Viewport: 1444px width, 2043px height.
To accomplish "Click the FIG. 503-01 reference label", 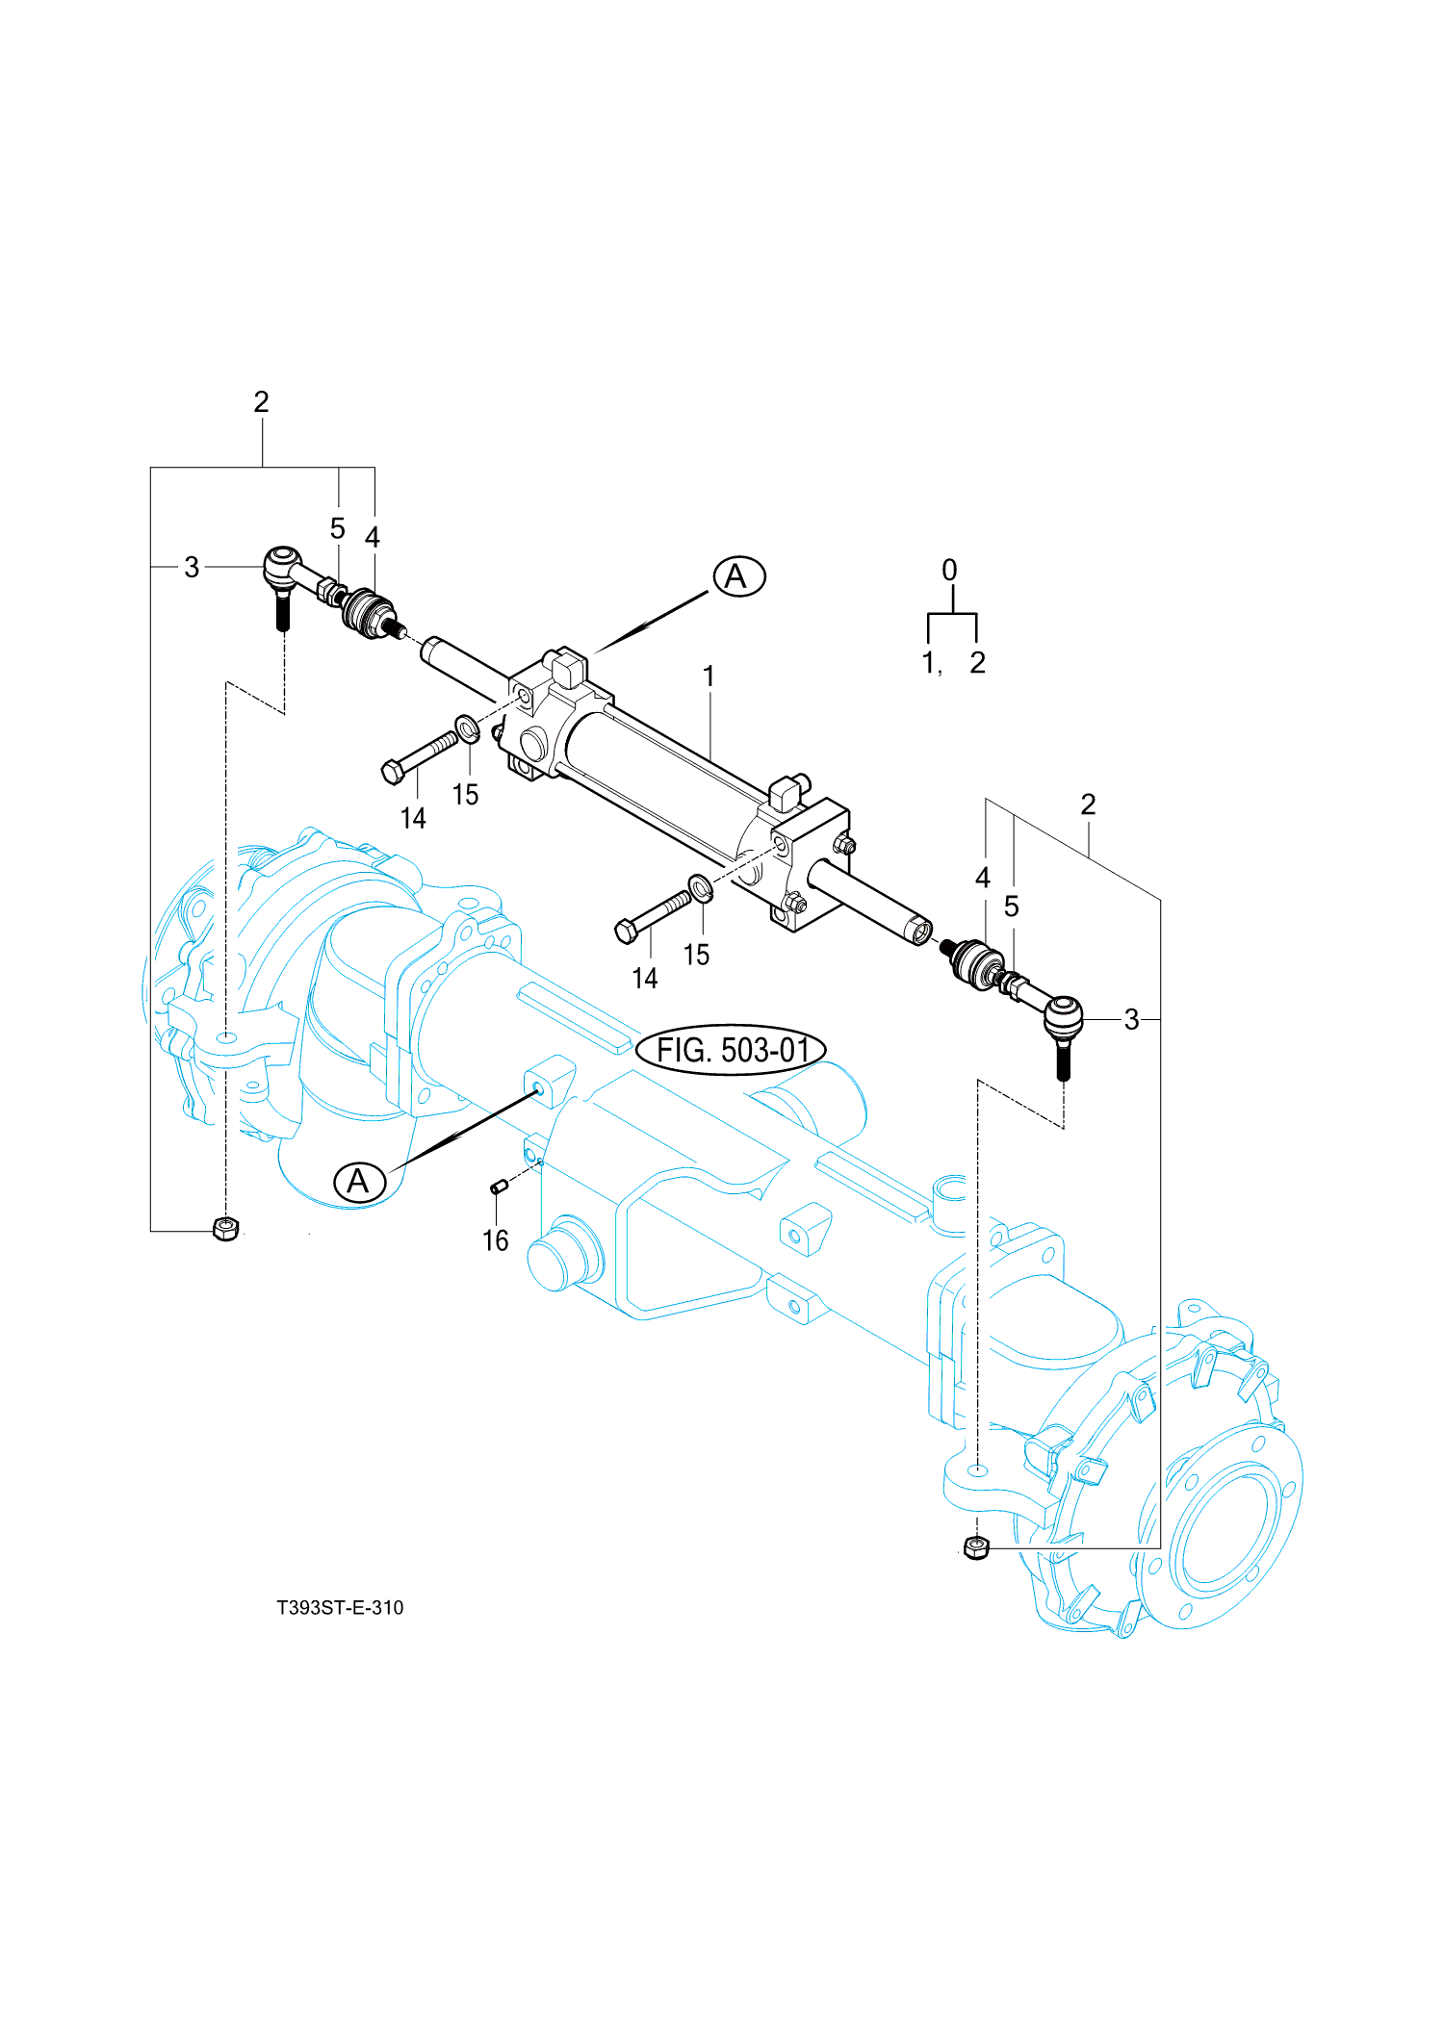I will point(731,1050).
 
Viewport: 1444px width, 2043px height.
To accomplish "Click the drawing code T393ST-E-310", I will point(340,1607).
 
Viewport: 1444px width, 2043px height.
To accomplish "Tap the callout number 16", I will point(495,1240).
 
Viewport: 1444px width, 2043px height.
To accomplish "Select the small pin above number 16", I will point(499,1187).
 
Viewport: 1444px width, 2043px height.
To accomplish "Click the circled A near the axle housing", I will point(359,1181).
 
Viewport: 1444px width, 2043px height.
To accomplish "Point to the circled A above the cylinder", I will point(738,576).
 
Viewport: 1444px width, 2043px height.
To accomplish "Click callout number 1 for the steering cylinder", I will point(709,677).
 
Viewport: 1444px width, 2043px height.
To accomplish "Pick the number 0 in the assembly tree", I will point(949,570).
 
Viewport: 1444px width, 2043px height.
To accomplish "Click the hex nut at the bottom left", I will point(225,1229).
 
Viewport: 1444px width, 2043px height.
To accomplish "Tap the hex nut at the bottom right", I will point(975,1547).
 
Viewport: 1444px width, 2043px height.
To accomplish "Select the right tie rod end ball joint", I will point(1063,1016).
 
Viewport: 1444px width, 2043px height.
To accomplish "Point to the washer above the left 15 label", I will point(467,729).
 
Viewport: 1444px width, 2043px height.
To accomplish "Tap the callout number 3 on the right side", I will point(1131,1019).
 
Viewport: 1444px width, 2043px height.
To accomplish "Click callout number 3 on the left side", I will point(192,567).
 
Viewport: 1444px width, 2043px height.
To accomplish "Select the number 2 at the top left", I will point(261,401).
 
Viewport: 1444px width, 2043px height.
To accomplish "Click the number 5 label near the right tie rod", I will point(1011,906).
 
